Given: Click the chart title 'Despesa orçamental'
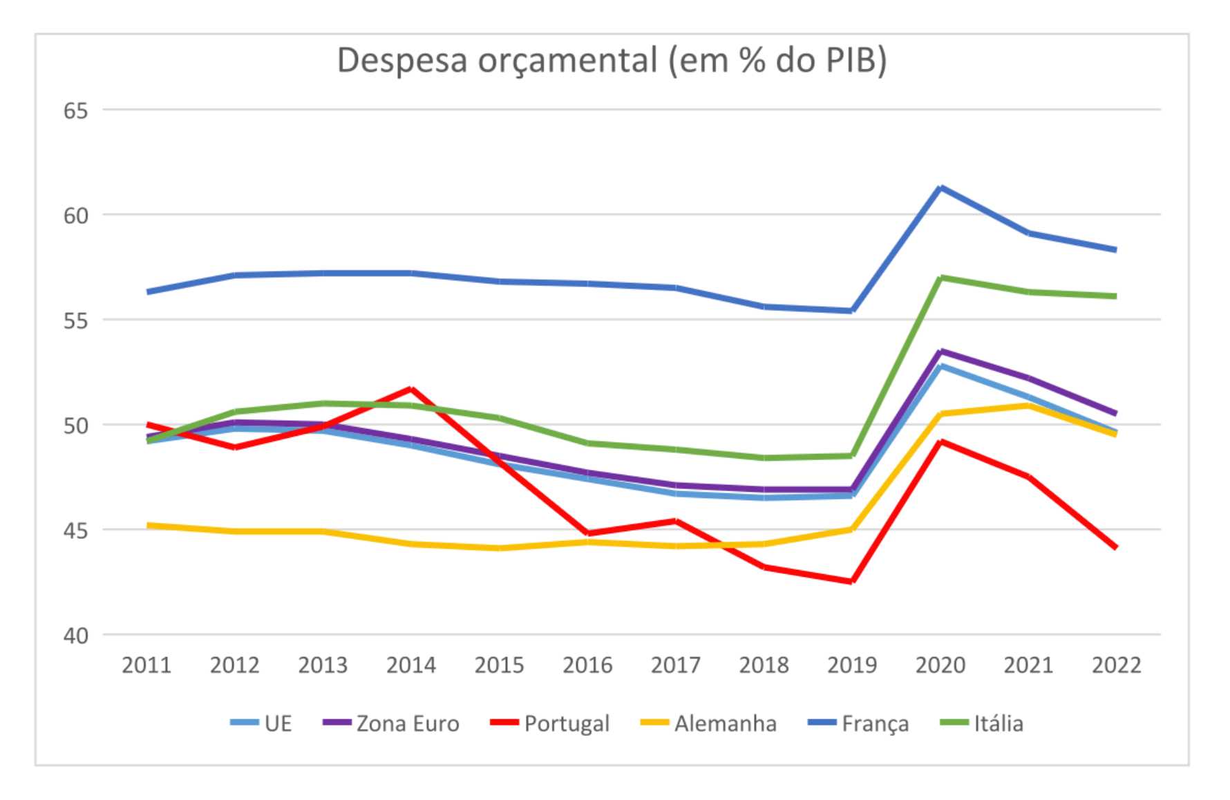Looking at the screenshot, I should [612, 61].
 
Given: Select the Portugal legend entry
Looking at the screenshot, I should [550, 723].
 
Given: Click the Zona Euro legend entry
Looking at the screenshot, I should [391, 723].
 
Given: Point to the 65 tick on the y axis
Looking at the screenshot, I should [76, 111].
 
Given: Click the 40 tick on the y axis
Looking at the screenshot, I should [76, 636].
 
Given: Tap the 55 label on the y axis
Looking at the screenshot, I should [76, 321].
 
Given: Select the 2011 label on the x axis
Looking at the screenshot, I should [146, 665].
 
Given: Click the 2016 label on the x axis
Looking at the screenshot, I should [587, 665].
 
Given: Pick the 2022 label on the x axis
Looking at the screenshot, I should [1116, 665].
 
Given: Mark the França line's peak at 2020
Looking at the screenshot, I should [940, 187].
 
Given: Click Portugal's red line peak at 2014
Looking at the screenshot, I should [411, 389].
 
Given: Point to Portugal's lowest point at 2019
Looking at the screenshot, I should [852, 582].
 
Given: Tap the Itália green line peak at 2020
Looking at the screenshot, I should [940, 278].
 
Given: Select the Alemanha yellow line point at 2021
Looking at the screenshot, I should [1029, 406].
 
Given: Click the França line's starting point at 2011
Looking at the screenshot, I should [148, 292].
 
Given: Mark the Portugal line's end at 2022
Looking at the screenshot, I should [1115, 547].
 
